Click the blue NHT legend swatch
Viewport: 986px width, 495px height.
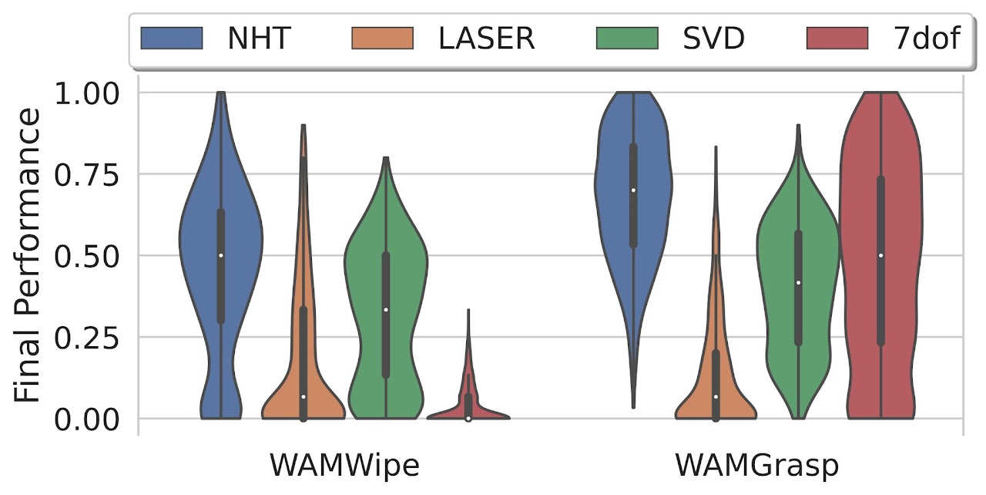tap(172, 38)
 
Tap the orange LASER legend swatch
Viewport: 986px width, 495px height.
tap(383, 38)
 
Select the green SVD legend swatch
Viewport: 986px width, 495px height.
tap(627, 38)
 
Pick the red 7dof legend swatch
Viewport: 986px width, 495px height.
tap(838, 38)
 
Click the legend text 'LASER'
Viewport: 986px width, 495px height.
tap(486, 38)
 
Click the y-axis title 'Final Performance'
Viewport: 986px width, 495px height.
tap(29, 255)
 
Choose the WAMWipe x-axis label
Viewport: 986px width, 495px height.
tap(344, 467)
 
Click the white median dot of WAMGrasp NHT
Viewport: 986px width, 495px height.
tap(634, 190)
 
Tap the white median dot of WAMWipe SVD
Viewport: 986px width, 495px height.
tap(386, 310)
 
